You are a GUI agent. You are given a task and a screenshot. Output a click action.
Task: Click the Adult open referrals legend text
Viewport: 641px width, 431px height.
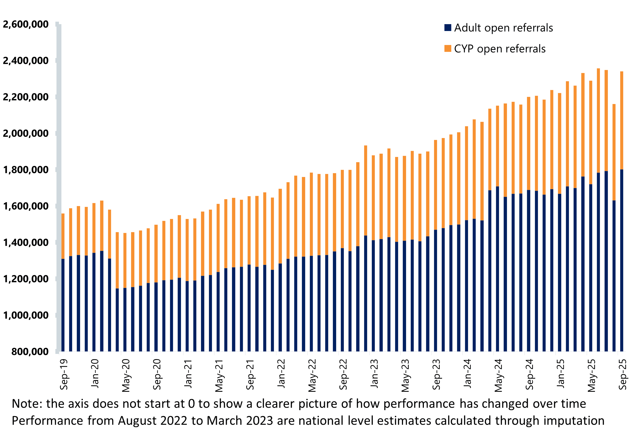point(503,28)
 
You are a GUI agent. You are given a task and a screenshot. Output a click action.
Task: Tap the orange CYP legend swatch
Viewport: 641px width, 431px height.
point(448,49)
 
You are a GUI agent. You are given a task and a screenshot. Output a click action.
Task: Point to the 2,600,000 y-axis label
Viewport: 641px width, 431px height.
point(25,24)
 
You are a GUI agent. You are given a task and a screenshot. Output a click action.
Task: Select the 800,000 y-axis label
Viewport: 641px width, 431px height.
point(30,351)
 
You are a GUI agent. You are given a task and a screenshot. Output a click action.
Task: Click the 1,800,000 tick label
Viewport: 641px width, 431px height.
point(25,170)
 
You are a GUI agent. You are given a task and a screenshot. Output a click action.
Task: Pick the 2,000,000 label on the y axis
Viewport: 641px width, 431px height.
point(25,133)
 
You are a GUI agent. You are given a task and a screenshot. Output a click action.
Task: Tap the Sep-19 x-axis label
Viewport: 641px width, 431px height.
point(64,374)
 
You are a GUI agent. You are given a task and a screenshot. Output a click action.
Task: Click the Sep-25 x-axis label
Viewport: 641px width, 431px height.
point(623,374)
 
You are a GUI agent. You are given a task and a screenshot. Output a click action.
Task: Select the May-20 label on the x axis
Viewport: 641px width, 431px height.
point(126,376)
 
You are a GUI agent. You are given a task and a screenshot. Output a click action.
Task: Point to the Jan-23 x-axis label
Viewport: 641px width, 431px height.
point(374,373)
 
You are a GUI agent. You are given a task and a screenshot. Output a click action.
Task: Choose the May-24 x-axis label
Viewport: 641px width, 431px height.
point(498,376)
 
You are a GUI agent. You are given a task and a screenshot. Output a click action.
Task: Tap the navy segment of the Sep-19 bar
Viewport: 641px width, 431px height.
point(63,305)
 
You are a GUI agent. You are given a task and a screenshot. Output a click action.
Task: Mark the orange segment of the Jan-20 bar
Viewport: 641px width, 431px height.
point(94,228)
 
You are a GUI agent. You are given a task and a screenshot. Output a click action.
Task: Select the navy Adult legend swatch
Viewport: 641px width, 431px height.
point(448,28)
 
